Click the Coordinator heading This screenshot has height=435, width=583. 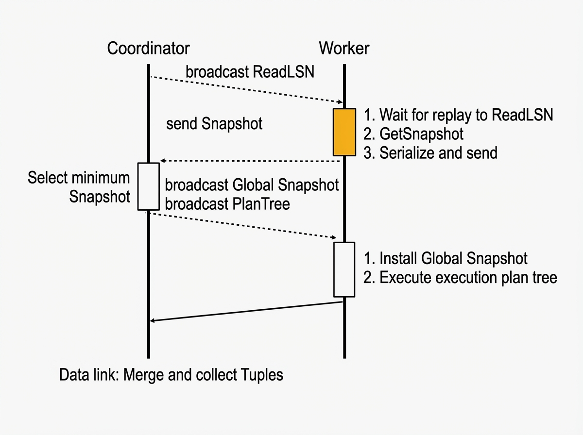tap(148, 48)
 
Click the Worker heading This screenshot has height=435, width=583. tap(344, 48)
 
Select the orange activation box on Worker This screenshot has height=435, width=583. tap(344, 132)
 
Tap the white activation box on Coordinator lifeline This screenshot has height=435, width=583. tap(149, 186)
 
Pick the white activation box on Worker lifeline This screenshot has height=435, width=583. tap(344, 269)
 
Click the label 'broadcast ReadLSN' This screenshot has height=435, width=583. tap(250, 72)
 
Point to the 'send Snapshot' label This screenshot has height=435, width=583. tap(214, 124)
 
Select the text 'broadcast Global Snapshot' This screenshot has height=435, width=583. tap(252, 185)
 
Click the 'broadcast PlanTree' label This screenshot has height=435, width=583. tap(227, 204)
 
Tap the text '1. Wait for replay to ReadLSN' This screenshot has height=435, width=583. tap(458, 115)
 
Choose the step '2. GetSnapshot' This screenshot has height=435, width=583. tap(413, 134)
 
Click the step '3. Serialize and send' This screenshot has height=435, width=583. tap(430, 153)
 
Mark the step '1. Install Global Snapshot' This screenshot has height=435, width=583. tap(446, 258)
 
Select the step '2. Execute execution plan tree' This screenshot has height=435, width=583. tap(460, 278)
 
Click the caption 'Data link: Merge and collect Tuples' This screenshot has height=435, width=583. tap(171, 375)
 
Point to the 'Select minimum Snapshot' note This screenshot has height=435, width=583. tap(79, 187)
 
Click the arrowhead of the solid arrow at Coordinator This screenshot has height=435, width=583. tap(152, 321)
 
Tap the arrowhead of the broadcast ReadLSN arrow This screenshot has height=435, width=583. tap(340, 102)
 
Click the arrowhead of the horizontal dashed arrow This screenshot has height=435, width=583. tap(163, 161)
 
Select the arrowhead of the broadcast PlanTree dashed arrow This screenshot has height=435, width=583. tap(334, 237)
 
